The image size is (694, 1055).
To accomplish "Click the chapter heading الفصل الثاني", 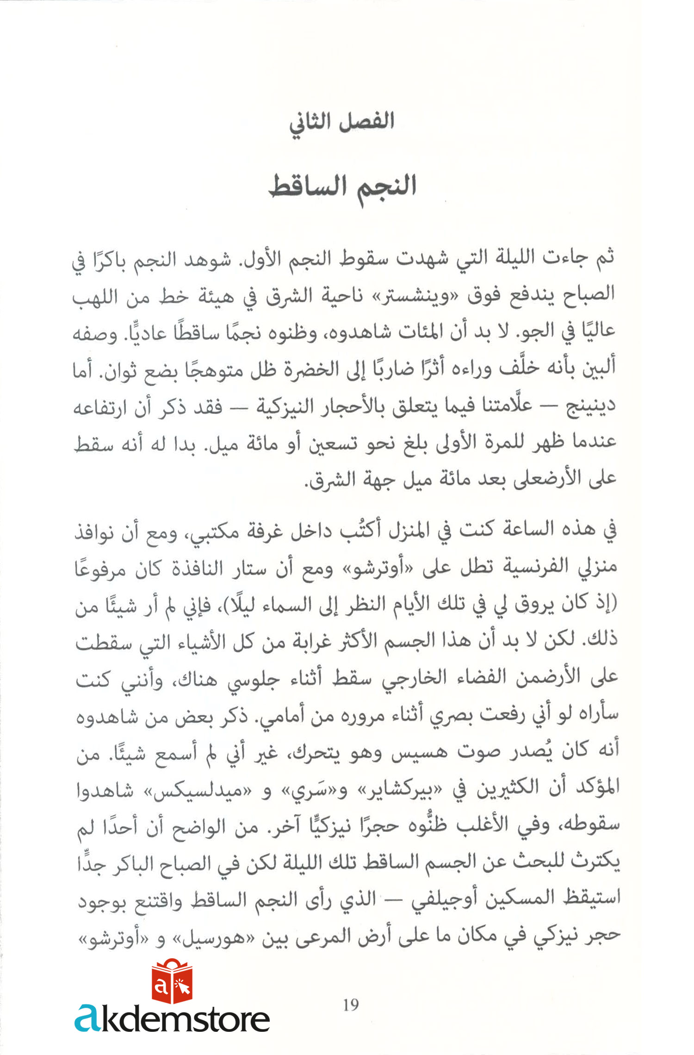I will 341,122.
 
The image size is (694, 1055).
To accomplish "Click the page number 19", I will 351,1005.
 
